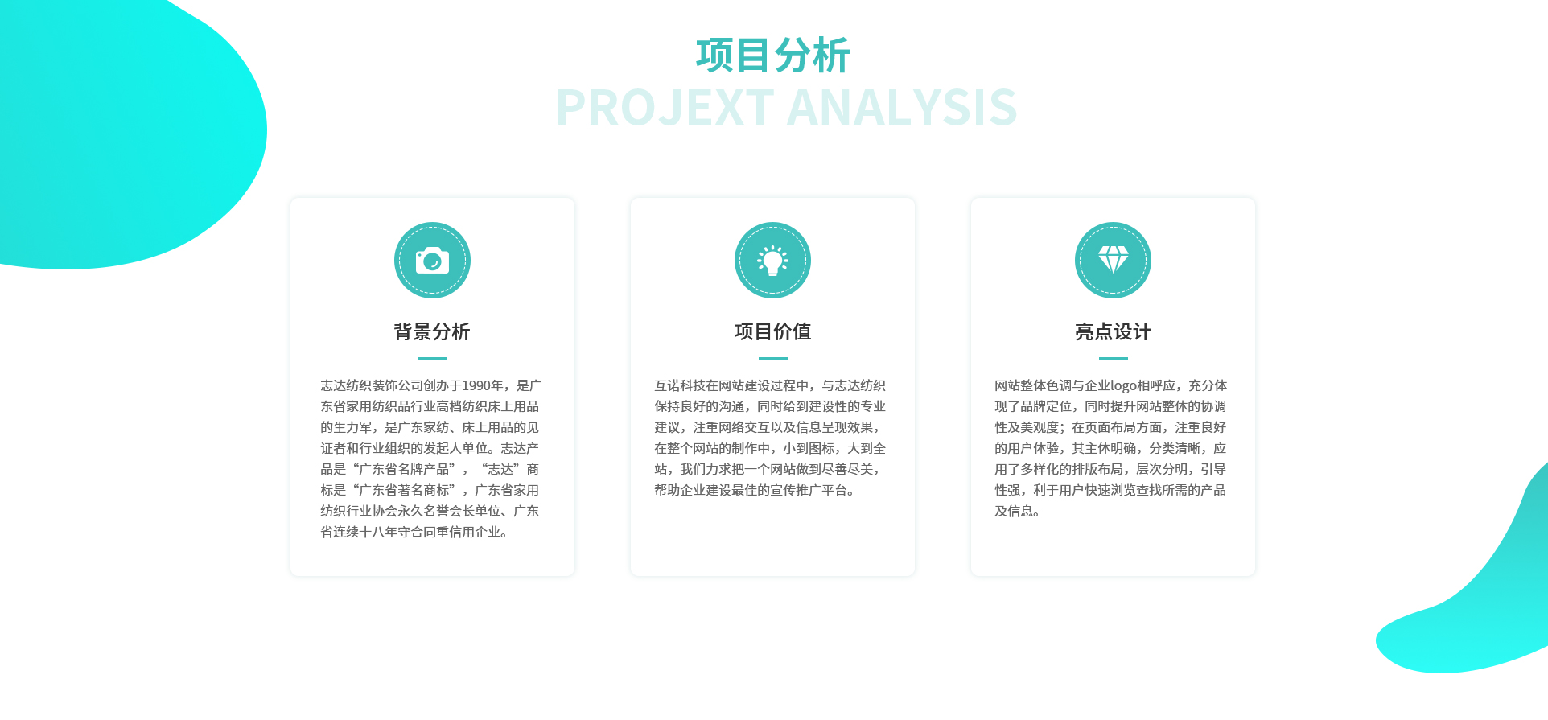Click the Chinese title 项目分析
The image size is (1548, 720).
[x=772, y=56]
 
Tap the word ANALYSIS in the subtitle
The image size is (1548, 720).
[x=903, y=108]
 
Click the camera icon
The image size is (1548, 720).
[x=432, y=261]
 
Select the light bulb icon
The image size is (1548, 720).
[x=772, y=261]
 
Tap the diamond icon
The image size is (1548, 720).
[x=1114, y=260]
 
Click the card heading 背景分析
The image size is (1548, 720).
[x=432, y=331]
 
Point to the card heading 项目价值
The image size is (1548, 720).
[x=772, y=331]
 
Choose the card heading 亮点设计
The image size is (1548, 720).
[x=1114, y=331]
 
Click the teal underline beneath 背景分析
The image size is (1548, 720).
[x=433, y=358]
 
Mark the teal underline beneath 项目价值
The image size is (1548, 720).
[x=773, y=358]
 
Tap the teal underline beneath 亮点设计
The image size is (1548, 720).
[x=1114, y=358]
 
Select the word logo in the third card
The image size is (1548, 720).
[x=1123, y=386]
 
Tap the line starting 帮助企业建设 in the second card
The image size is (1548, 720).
[x=754, y=491]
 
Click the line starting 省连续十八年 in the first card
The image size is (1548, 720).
[x=414, y=533]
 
